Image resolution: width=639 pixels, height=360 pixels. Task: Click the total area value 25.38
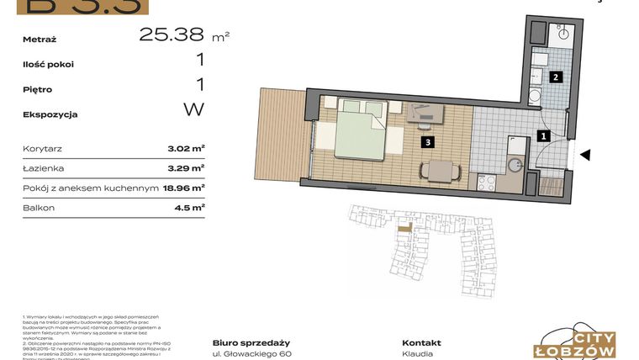(172, 34)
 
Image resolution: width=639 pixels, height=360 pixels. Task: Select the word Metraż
(40, 39)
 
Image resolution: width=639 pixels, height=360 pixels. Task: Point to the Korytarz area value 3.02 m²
(187, 148)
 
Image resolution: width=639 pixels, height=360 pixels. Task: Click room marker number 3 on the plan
(429, 142)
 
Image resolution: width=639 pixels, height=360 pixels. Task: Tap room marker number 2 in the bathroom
(555, 77)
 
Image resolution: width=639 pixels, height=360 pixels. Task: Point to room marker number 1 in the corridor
(543, 135)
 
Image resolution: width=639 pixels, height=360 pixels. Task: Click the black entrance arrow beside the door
(587, 155)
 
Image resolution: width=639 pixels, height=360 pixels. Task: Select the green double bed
(360, 130)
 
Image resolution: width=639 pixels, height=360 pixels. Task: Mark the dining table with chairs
(440, 170)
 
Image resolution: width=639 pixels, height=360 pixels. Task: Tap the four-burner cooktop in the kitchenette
(487, 181)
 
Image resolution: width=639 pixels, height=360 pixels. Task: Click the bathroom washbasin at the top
(562, 34)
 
